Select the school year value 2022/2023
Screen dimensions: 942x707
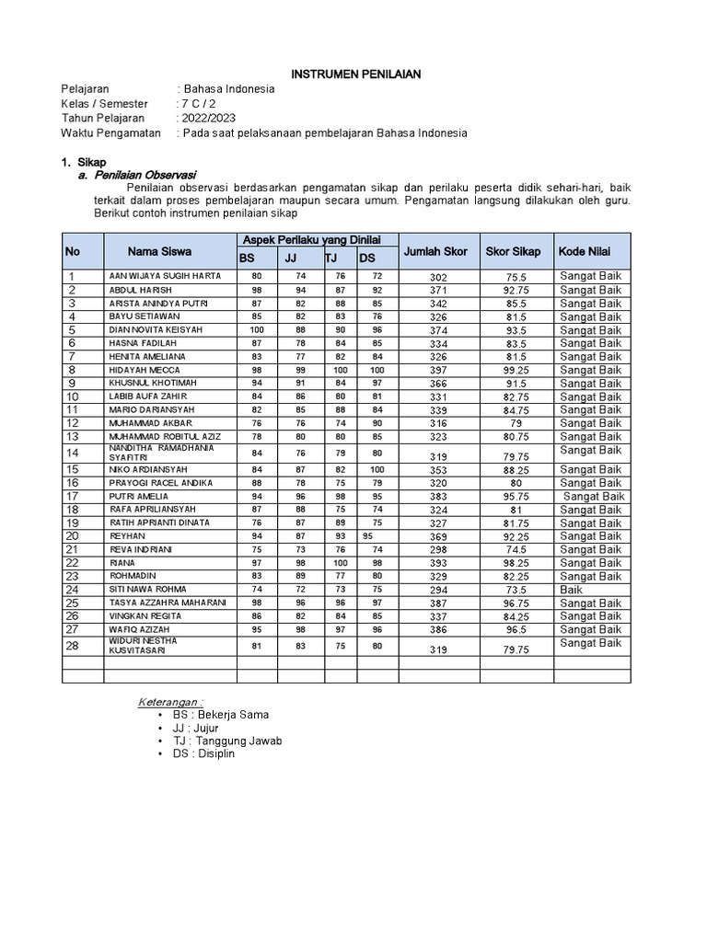(208, 118)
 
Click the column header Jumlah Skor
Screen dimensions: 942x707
(435, 251)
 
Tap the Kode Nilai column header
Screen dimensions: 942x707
(585, 251)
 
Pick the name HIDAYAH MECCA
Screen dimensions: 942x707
(145, 370)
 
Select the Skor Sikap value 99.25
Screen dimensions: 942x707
(516, 371)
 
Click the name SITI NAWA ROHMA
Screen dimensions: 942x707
(147, 590)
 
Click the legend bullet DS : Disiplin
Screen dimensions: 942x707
(203, 753)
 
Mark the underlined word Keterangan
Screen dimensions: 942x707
(170, 701)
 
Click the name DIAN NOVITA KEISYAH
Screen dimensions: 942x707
(156, 329)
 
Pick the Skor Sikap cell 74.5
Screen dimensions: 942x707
(516, 550)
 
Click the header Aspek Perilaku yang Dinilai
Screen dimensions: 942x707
(311, 239)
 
